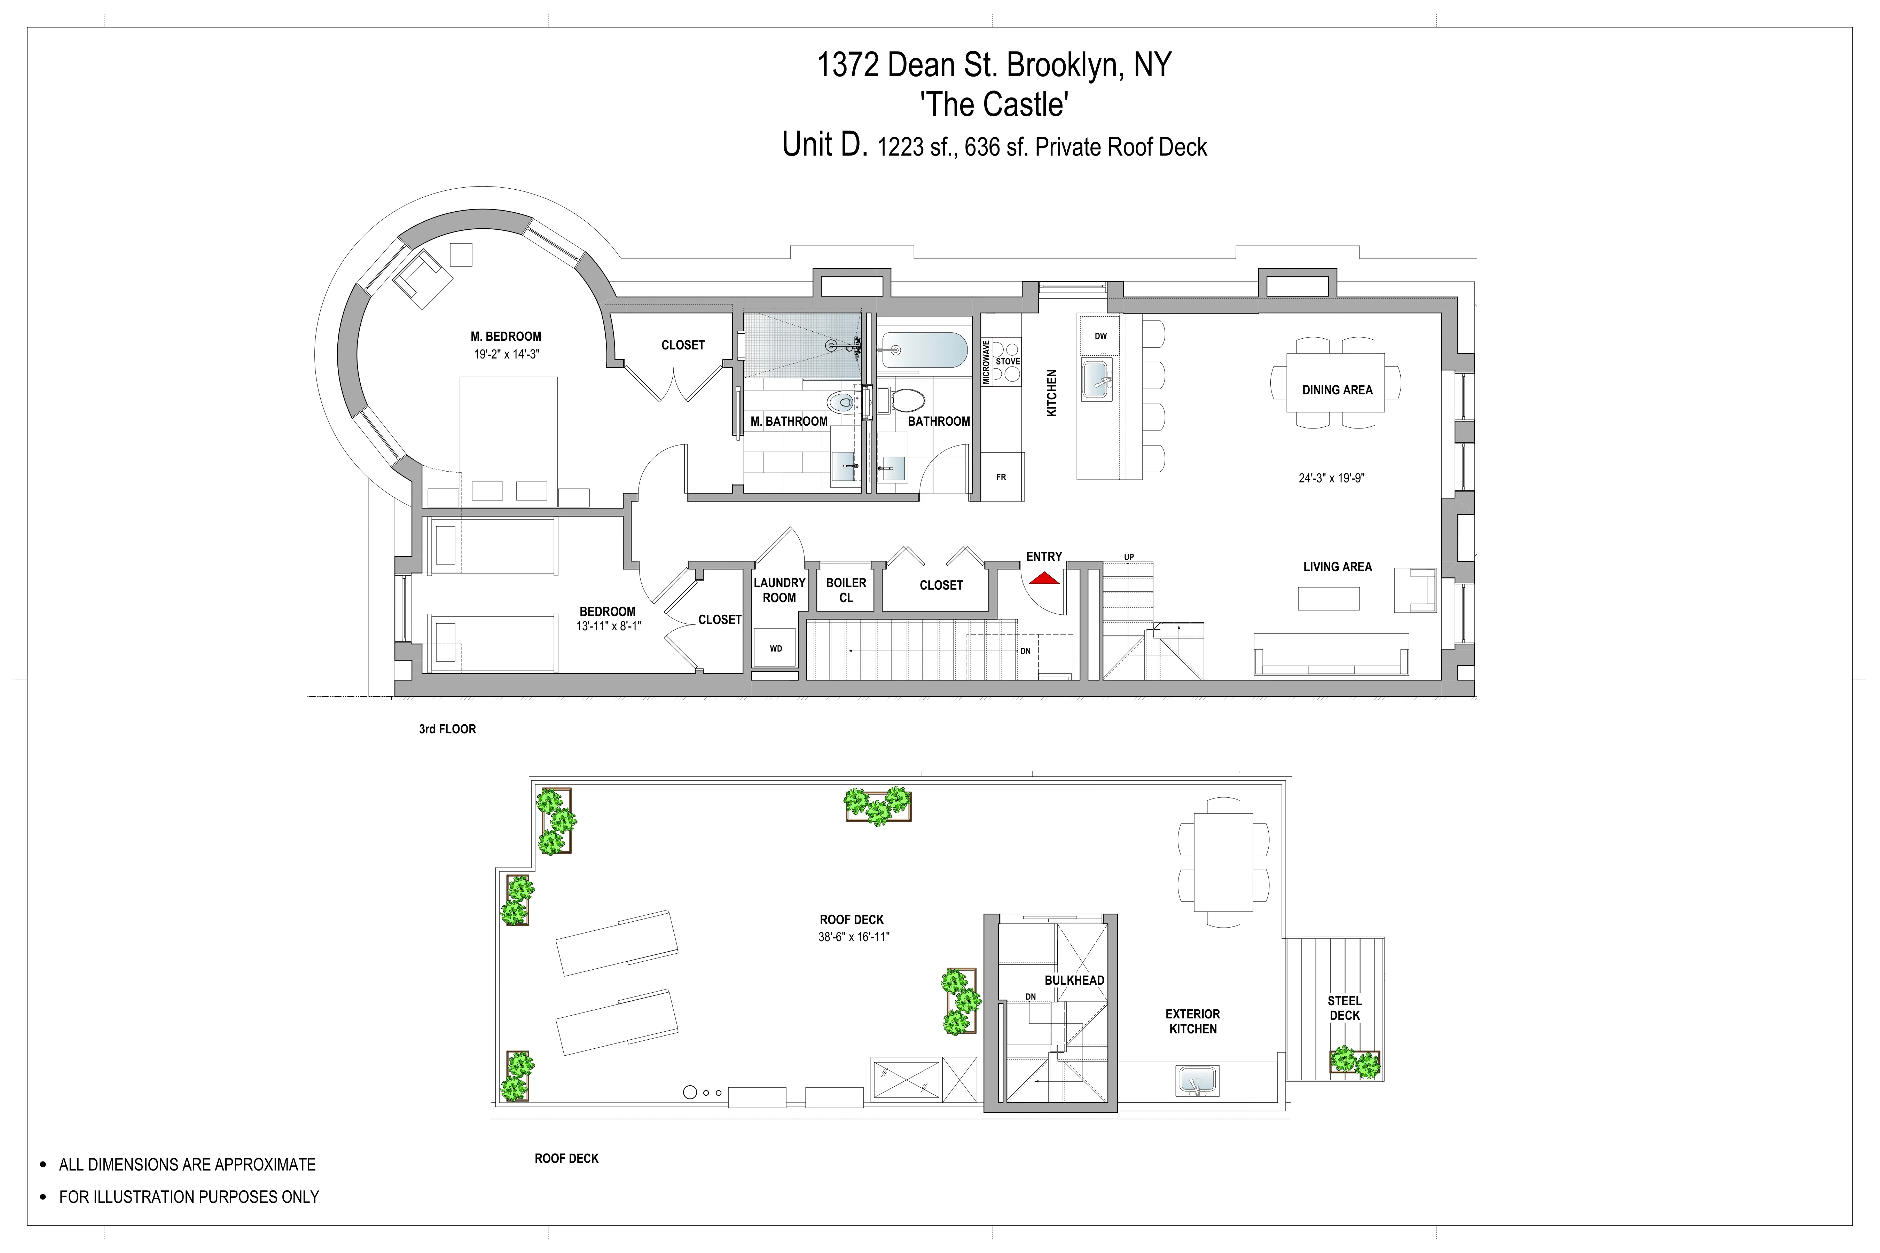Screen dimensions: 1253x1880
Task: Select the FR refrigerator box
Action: pos(1002,477)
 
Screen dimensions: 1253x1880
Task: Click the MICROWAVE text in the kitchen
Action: pos(986,362)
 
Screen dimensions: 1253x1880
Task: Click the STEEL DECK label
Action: pos(1345,1008)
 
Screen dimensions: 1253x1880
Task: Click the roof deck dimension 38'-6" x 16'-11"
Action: pos(853,937)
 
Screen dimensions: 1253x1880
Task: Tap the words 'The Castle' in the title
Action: pos(994,105)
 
